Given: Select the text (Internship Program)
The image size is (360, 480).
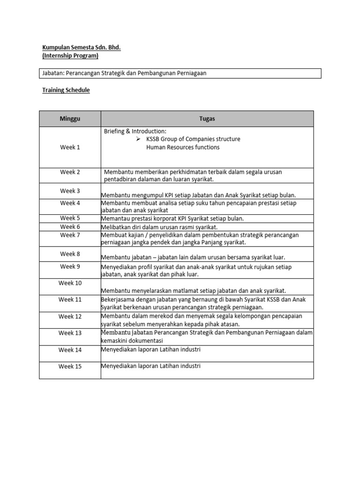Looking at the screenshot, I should (70, 56).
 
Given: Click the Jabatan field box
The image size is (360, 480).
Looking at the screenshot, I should (180, 73).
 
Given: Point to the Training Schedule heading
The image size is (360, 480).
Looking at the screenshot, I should (66, 90).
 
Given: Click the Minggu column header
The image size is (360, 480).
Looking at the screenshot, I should (70, 119).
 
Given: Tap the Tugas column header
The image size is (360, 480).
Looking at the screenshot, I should (207, 119).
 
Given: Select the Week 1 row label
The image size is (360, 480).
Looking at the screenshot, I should (70, 147).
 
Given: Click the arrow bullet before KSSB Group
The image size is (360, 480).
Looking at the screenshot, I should (138, 139).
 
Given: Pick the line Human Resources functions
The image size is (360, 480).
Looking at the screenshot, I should (182, 147).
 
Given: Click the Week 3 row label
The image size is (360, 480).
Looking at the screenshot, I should (70, 191).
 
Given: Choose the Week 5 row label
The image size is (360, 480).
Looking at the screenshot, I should (70, 218).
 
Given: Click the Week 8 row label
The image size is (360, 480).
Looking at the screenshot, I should (70, 254).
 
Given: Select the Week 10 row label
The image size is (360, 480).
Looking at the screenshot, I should (70, 283).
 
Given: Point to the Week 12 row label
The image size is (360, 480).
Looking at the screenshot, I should (70, 316).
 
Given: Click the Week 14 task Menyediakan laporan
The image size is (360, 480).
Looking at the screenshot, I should (150, 349).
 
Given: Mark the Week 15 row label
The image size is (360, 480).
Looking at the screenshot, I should (70, 366).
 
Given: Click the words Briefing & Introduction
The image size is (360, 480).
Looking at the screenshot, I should (135, 131).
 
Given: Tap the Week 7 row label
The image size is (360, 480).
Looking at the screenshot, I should (70, 235).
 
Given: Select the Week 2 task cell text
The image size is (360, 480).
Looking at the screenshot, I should (193, 175).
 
